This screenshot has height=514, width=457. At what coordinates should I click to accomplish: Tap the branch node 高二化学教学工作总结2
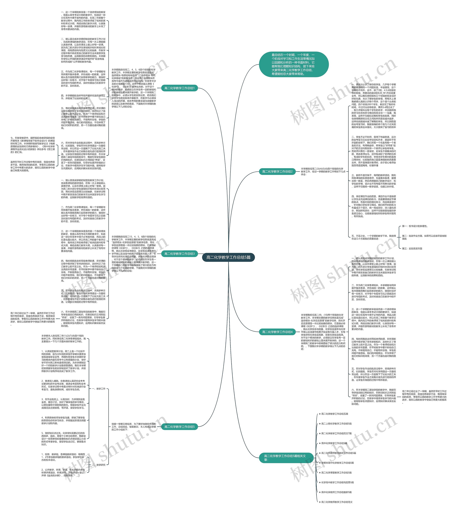pyautogui.click(x=277, y=172)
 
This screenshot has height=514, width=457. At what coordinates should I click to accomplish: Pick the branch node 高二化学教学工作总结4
pyautogui.click(x=277, y=332)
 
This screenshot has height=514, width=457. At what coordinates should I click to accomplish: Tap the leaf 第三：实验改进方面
pyautogui.click(x=412, y=248)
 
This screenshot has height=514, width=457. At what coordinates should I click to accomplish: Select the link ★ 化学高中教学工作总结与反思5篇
pyautogui.click(x=337, y=482)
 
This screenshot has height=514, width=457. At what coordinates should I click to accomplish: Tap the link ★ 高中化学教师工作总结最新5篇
pyautogui.click(x=336, y=492)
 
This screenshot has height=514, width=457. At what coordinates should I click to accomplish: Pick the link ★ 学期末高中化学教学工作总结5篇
pyautogui.click(x=337, y=463)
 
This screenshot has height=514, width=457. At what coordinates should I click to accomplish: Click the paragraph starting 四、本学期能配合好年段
pyautogui.click(x=83, y=97)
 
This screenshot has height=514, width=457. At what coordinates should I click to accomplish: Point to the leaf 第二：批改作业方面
pyautogui.click(x=424, y=237)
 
